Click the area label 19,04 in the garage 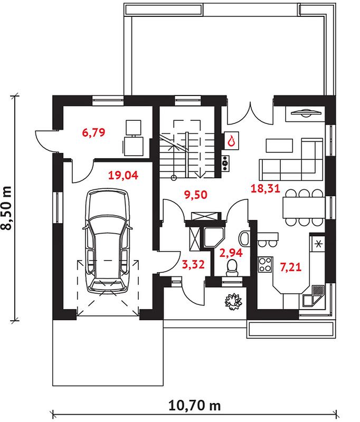[124, 175]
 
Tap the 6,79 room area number [94, 132]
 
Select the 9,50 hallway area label [196, 194]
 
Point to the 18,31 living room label [266, 188]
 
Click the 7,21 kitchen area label [291, 267]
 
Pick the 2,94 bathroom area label [231, 253]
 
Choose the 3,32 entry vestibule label [193, 264]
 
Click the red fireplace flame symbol [231, 140]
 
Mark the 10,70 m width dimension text [194, 406]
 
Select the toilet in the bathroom [232, 268]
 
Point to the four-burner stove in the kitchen [265, 265]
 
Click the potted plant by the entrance [233, 301]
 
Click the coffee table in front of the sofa [279, 146]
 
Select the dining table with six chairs [304, 207]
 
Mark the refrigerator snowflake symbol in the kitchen [318, 244]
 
